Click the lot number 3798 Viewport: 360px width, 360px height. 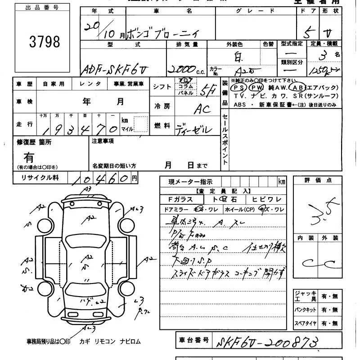click(x=44, y=41)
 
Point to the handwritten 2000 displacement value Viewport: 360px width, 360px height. click(x=182, y=68)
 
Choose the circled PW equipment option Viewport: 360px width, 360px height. click(x=256, y=87)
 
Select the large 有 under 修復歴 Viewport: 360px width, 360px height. click(x=29, y=157)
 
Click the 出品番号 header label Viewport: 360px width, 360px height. click(x=43, y=8)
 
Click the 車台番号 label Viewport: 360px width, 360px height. click(x=193, y=340)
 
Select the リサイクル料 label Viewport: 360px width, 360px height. click(x=40, y=178)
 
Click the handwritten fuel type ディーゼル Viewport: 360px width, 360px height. click(x=193, y=129)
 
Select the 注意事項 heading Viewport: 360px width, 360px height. click(x=103, y=141)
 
